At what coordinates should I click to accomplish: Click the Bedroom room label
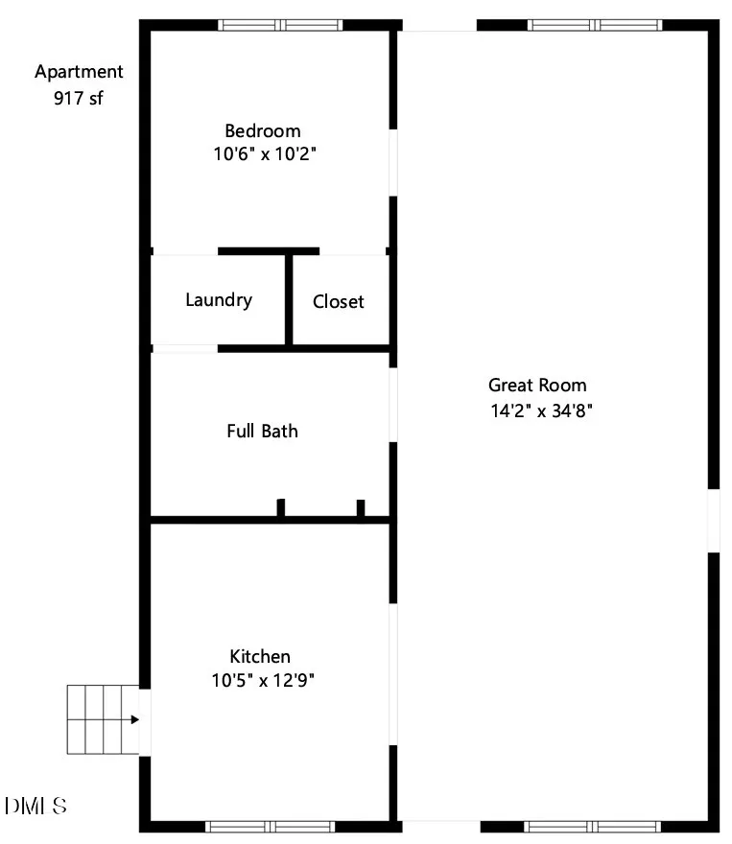point(263,130)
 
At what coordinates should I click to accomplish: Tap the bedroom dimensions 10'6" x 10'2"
point(264,154)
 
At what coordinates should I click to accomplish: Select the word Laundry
point(219,300)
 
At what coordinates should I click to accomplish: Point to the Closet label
point(338,301)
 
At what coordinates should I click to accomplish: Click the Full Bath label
point(262,432)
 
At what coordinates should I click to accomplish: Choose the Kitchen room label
point(260,656)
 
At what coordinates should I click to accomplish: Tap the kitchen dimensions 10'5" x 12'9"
point(263,680)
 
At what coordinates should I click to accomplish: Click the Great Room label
point(537,385)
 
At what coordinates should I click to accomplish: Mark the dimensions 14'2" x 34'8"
point(541,410)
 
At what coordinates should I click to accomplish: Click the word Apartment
point(79,72)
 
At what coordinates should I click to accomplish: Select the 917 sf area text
point(78,98)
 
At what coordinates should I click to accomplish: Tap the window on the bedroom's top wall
point(280,25)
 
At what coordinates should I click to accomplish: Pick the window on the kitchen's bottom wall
point(271,826)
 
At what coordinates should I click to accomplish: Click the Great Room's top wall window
point(595,25)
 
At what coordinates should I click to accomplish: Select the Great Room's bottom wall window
point(593,826)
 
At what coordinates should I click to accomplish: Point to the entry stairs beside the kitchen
point(104,719)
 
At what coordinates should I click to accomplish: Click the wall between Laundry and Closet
point(289,300)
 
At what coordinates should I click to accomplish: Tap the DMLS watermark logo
point(35,806)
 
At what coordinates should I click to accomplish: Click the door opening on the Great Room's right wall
point(714,521)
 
